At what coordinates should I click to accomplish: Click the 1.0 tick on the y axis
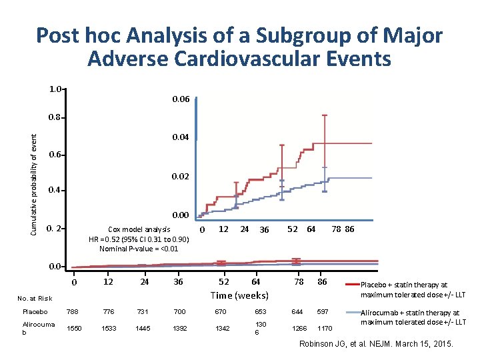click(x=55, y=89)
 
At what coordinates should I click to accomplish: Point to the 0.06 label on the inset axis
click(x=181, y=99)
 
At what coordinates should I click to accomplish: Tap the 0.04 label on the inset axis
click(x=181, y=137)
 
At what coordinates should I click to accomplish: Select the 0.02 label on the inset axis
click(x=181, y=177)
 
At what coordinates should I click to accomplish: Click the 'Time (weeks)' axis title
click(x=239, y=295)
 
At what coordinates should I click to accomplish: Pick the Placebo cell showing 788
click(x=74, y=311)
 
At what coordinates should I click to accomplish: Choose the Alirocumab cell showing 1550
click(x=74, y=328)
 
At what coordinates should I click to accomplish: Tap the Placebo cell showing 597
click(x=323, y=311)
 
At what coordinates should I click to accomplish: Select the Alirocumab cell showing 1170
click(x=325, y=328)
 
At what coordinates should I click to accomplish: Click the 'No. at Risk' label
click(x=35, y=298)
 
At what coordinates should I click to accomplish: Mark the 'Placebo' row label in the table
click(x=35, y=311)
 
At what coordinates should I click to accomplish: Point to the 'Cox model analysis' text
click(x=139, y=229)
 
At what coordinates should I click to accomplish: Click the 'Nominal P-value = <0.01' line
click(x=139, y=249)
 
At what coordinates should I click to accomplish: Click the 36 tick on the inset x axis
click(x=264, y=230)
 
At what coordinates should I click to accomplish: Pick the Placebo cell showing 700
click(x=178, y=311)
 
